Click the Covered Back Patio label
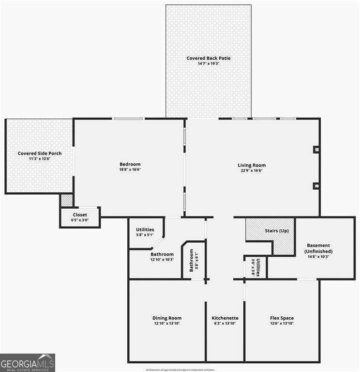click(209, 58)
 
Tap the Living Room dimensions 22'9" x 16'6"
click(252, 170)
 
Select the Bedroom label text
click(130, 164)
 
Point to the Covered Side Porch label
click(40, 154)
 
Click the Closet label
click(80, 215)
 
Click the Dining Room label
click(167, 318)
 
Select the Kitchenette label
click(225, 318)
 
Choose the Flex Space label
click(282, 318)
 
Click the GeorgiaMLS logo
click(28, 362)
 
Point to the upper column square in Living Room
click(316, 150)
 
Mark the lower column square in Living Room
click(316, 185)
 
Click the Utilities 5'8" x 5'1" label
click(145, 230)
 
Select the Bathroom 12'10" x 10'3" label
click(162, 254)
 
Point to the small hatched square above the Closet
click(66, 200)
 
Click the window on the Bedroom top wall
click(128, 118)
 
